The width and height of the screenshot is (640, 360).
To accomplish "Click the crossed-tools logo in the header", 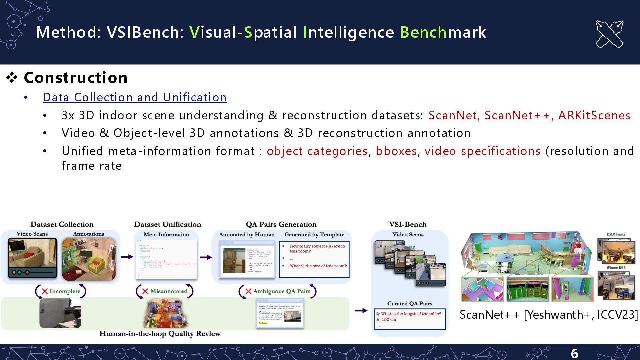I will coord(609,34).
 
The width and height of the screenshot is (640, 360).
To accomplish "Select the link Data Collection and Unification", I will coord(135,97).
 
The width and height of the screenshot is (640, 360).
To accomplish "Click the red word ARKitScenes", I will coord(594,115).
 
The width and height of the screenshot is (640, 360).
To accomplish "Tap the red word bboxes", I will coord(396,151).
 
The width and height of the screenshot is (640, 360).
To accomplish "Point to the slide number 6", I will coord(574,353).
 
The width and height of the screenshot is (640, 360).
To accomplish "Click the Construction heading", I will coord(76,78).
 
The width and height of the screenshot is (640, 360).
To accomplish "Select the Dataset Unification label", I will coord(167,224).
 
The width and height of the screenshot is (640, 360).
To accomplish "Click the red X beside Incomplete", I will coord(45,291).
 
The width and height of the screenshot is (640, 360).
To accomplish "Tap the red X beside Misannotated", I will coord(145,291).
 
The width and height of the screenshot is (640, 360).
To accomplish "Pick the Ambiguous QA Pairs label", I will coord(282,291).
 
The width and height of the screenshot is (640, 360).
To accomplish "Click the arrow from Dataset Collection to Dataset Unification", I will coord(127,257).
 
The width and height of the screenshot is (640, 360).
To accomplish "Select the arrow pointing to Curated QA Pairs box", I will coord(361,311).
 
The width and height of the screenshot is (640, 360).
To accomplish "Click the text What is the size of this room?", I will coord(318,266).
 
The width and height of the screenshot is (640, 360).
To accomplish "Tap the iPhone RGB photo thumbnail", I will coord(616,284).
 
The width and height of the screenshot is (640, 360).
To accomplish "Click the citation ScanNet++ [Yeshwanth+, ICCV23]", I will coord(548,315).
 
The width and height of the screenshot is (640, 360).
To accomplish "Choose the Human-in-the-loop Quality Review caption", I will coord(160,334).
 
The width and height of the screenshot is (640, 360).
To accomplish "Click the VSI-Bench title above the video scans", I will coord(408,224).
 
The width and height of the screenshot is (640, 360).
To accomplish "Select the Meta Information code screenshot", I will coord(166,259).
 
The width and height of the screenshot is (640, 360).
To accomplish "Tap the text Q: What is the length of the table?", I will coord(408,314).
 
